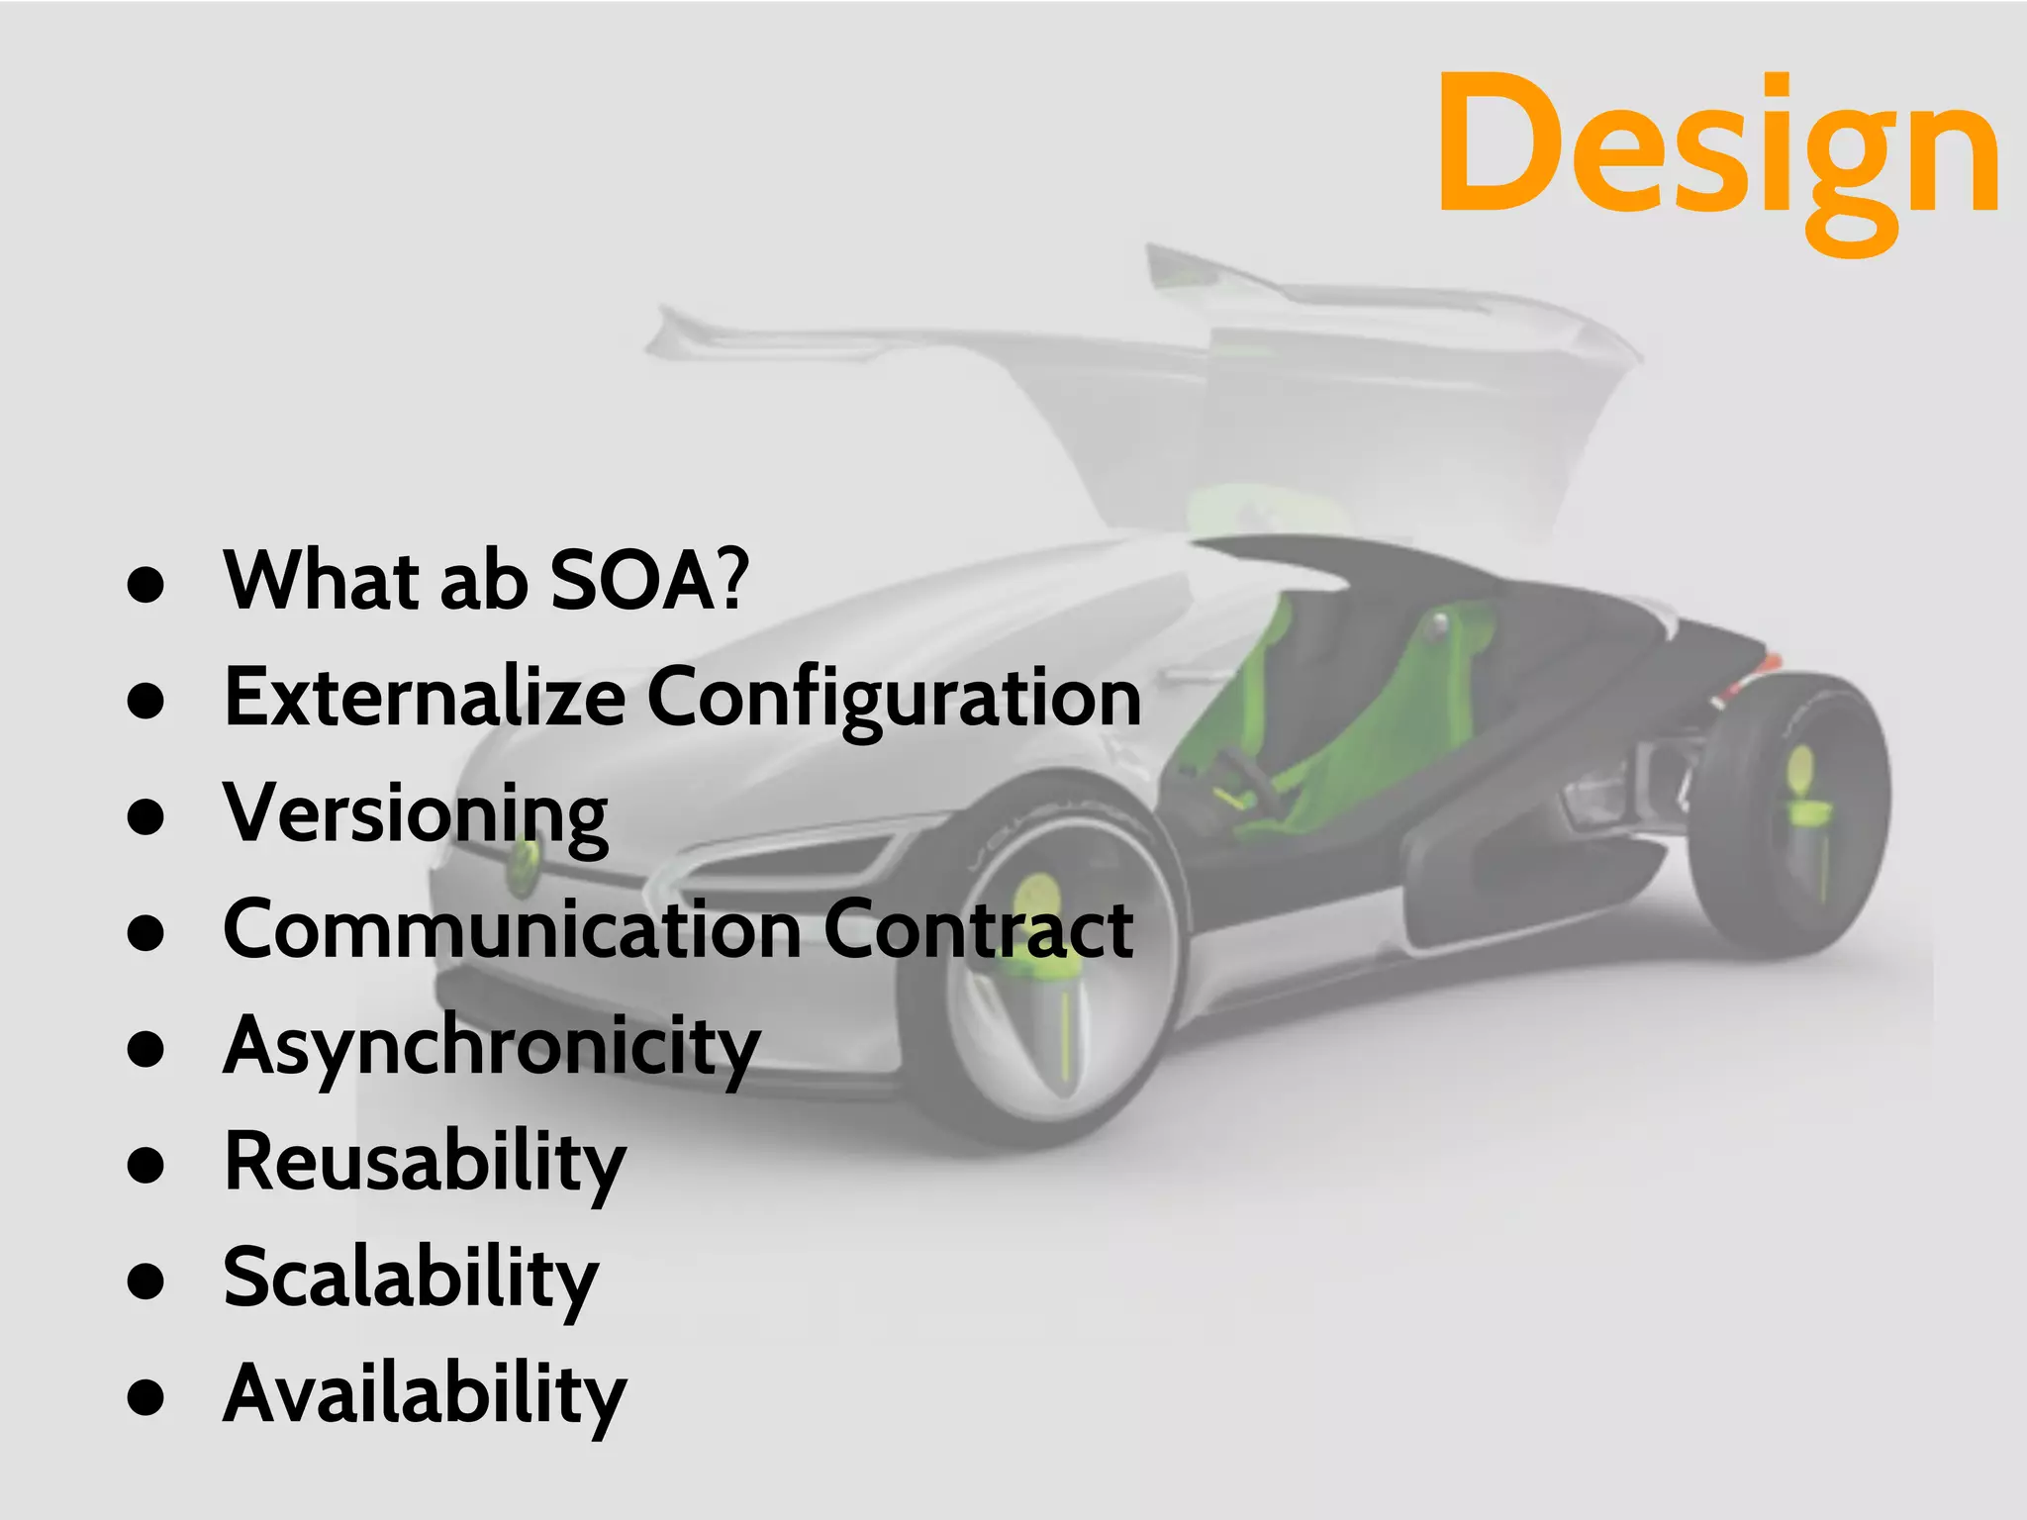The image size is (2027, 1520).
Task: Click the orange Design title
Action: point(1717,148)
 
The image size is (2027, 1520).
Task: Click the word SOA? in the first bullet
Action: point(648,581)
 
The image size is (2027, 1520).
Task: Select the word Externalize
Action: point(424,697)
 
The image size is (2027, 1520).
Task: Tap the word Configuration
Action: point(894,699)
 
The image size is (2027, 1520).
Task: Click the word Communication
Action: point(512,930)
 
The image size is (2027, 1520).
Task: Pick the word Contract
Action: point(978,930)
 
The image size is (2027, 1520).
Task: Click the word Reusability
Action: point(425,1164)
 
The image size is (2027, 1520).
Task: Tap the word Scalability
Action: point(411,1280)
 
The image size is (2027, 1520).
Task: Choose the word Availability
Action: point(425,1395)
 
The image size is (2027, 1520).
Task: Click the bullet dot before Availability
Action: point(145,1396)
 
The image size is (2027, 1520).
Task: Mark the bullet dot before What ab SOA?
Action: point(145,584)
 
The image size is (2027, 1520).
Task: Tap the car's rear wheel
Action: point(1791,811)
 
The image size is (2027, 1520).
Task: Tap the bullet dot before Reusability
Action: point(145,1165)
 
